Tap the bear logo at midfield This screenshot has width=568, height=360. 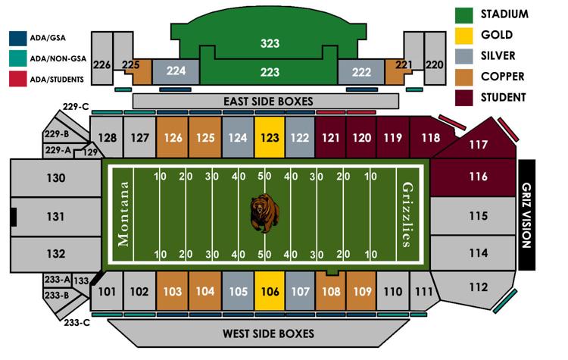pyautogui.click(x=264, y=213)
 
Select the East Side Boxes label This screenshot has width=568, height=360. pyautogui.click(x=268, y=101)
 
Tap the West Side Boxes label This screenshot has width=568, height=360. pyautogui.click(x=268, y=333)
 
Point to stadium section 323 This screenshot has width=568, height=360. pyautogui.click(x=270, y=43)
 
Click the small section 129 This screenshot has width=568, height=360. pyautogui.click(x=91, y=152)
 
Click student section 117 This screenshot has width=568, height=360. pyautogui.click(x=477, y=144)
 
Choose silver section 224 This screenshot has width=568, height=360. pyautogui.click(x=176, y=71)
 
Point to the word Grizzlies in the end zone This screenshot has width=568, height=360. pyautogui.click(x=407, y=213)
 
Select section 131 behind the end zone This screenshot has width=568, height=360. pyautogui.click(x=56, y=215)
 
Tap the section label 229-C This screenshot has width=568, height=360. pyautogui.click(x=76, y=106)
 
